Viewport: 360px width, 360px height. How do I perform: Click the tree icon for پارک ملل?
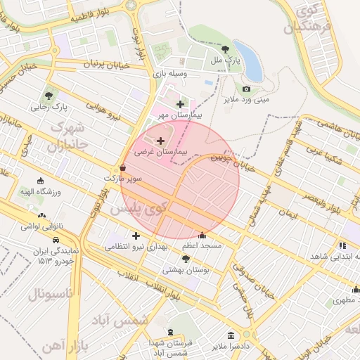225,49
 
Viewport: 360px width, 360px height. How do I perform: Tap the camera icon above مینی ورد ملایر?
246,89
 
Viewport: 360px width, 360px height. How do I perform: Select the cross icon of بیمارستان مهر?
181,104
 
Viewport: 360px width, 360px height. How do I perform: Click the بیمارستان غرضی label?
162,152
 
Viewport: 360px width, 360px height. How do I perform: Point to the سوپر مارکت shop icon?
124,168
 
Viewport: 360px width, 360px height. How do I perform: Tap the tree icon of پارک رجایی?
49,96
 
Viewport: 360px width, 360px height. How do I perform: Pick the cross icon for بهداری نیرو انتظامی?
136,236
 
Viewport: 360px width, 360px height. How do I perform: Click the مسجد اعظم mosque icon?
202,236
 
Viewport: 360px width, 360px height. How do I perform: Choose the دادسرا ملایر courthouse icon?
231,335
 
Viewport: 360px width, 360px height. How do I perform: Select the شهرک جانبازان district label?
66,138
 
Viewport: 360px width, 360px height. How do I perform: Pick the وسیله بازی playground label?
168,74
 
